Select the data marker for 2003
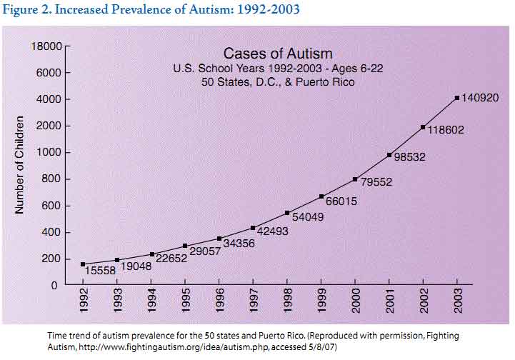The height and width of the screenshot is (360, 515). [457, 98]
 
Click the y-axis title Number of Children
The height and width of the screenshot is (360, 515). [20, 166]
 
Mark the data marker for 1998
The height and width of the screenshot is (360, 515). [287, 213]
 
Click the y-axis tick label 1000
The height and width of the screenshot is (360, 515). [49, 153]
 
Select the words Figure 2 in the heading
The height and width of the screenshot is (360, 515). [27, 10]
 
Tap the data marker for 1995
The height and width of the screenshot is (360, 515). [185, 246]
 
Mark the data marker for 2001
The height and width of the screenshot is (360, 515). [389, 155]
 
